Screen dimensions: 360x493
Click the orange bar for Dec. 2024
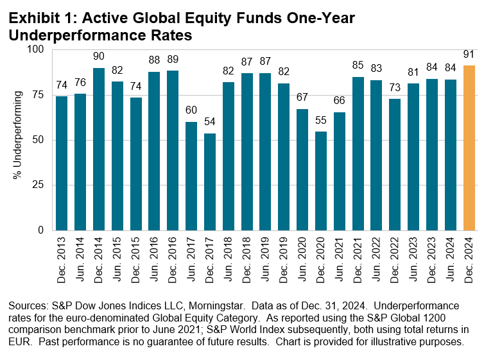(469, 148)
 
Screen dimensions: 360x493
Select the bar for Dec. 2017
(210, 182)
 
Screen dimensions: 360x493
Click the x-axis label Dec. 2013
(62, 257)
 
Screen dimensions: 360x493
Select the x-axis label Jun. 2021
(340, 257)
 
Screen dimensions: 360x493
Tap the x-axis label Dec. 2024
(469, 257)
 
